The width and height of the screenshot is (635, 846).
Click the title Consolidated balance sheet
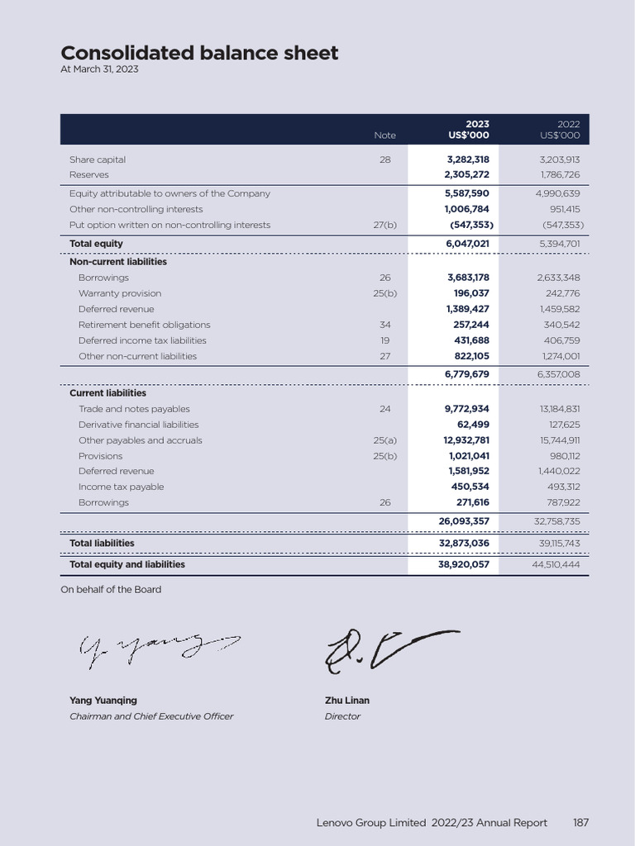coord(199,53)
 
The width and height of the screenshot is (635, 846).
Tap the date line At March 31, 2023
coord(99,70)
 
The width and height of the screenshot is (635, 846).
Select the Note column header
coord(384,135)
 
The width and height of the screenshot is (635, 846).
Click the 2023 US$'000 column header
coord(468,130)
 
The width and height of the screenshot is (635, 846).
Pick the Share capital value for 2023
coord(468,159)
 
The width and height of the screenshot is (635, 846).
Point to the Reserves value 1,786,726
coord(560,175)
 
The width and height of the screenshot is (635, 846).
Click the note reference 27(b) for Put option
coord(384,225)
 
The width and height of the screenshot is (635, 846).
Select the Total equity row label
coord(96,244)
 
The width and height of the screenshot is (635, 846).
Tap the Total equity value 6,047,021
coord(467,244)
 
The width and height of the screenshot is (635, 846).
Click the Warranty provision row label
coord(120,293)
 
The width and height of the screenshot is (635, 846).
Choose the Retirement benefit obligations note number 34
coord(384,325)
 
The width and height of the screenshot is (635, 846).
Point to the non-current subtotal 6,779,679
coord(467,374)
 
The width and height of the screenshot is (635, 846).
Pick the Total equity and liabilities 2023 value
coord(463,565)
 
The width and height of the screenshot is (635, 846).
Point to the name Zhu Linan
coord(347,701)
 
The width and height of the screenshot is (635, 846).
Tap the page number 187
coord(580,823)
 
